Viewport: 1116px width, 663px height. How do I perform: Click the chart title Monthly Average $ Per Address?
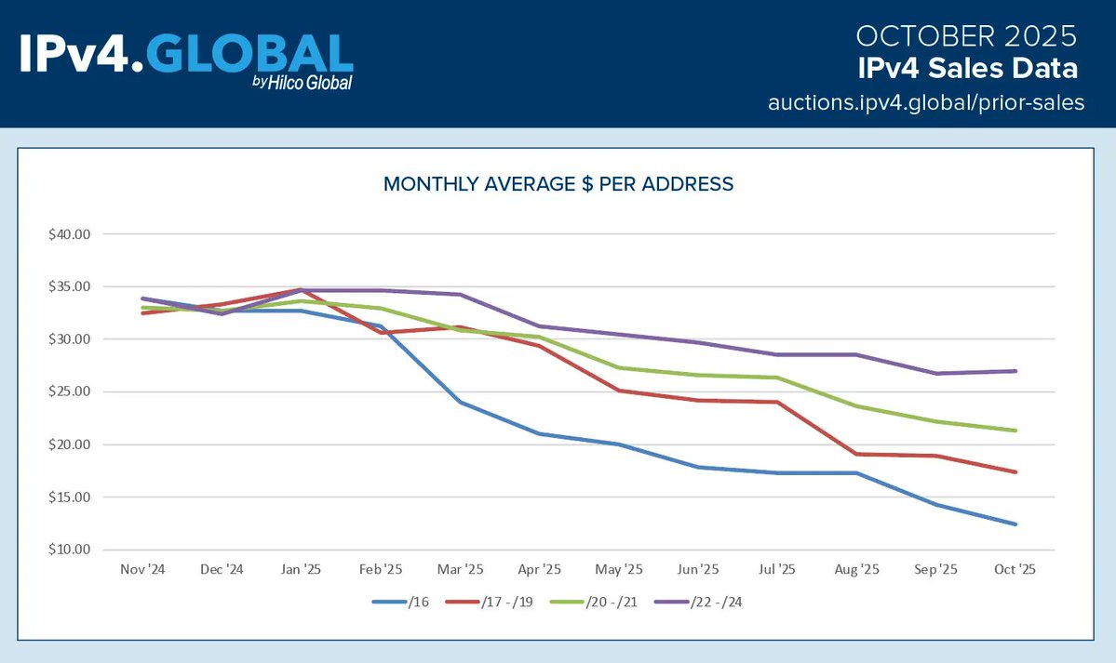[558, 184]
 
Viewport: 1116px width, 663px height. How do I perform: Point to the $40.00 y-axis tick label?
[70, 234]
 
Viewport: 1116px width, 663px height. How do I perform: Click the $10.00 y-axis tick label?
[70, 550]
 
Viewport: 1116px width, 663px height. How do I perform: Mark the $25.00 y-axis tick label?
[70, 392]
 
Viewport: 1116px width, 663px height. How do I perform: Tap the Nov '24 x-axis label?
[142, 569]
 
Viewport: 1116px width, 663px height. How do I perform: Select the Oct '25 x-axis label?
[1015, 569]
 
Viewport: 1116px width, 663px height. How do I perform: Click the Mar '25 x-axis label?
[460, 569]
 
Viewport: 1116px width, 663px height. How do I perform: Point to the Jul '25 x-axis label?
[777, 569]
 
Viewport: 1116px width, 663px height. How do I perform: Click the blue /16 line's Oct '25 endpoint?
[1015, 524]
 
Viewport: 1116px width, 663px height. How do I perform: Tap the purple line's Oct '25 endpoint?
[1015, 371]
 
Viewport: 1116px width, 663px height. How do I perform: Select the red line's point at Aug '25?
[856, 454]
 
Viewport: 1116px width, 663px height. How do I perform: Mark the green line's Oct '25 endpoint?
[1015, 431]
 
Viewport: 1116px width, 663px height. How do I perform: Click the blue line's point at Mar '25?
[460, 402]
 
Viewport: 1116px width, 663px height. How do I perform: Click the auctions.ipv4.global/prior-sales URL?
[926, 102]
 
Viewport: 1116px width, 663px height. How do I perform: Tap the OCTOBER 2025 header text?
[966, 36]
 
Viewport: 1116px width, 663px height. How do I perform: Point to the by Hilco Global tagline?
[302, 83]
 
